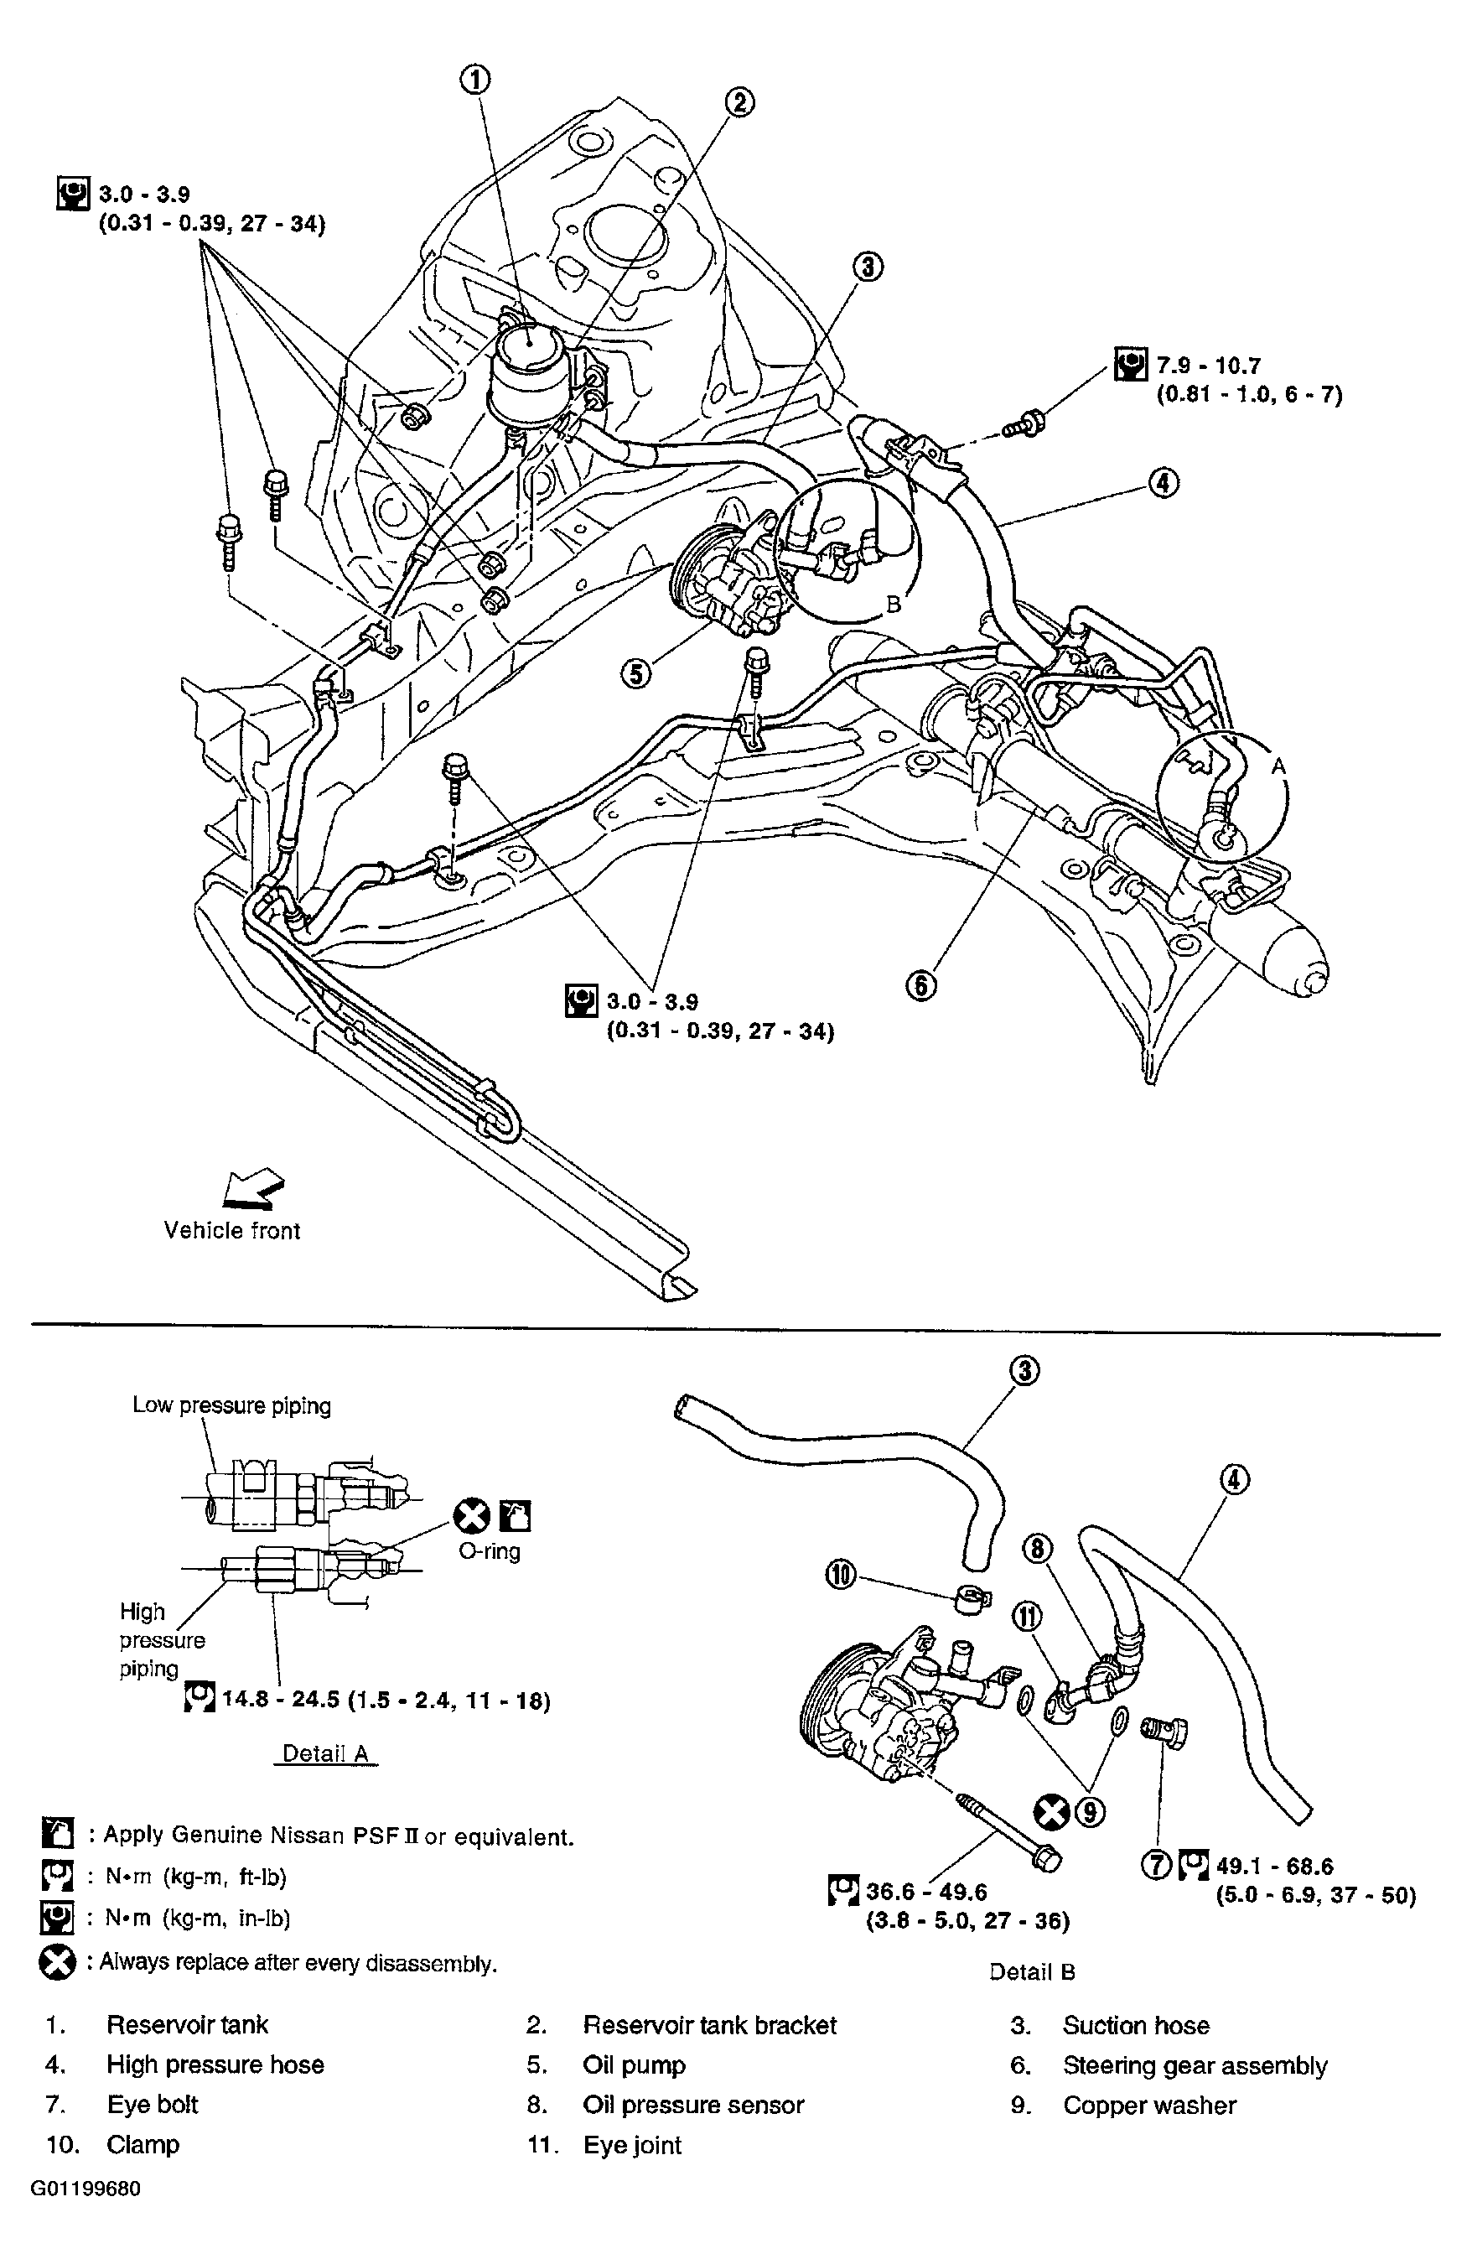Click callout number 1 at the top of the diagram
(x=475, y=80)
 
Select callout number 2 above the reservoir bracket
(x=739, y=101)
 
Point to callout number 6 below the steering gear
(x=920, y=985)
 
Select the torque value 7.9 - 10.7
(x=1208, y=366)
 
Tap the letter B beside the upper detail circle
(x=893, y=604)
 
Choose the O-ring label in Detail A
(x=489, y=1552)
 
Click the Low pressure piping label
(x=231, y=1405)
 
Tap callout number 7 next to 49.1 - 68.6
(x=1157, y=1865)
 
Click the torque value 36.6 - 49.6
(x=925, y=1892)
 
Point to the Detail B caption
(x=1031, y=1972)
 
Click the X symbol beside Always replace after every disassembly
(x=57, y=1962)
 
